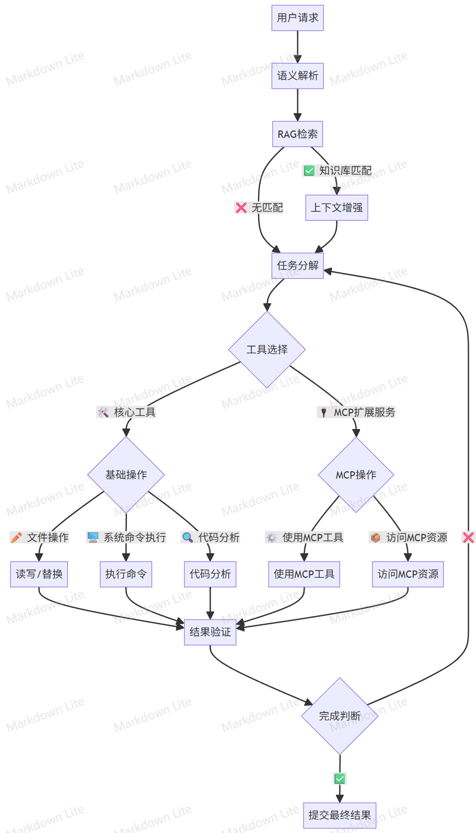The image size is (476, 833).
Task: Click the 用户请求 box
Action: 297,18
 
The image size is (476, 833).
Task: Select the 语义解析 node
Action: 297,76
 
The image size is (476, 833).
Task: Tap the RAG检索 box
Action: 297,134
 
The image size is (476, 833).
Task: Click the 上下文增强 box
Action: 336,208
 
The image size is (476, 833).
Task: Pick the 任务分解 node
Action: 297,266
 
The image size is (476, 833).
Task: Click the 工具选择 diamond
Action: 267,350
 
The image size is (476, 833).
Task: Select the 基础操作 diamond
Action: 126,475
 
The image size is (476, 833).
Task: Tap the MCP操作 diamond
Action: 356,475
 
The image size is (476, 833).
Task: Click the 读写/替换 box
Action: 39,574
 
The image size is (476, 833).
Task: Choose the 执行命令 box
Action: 126,574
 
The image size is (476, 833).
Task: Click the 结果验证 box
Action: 210,632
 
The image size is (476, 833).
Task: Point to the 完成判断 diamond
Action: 340,716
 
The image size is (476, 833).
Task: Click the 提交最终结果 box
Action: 340,815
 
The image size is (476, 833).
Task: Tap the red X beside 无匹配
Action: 241,208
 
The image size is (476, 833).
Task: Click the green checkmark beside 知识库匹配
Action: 309,171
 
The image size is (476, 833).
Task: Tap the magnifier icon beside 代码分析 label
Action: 188,537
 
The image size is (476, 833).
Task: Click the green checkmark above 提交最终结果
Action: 340,779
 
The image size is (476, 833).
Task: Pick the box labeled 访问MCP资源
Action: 408,574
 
